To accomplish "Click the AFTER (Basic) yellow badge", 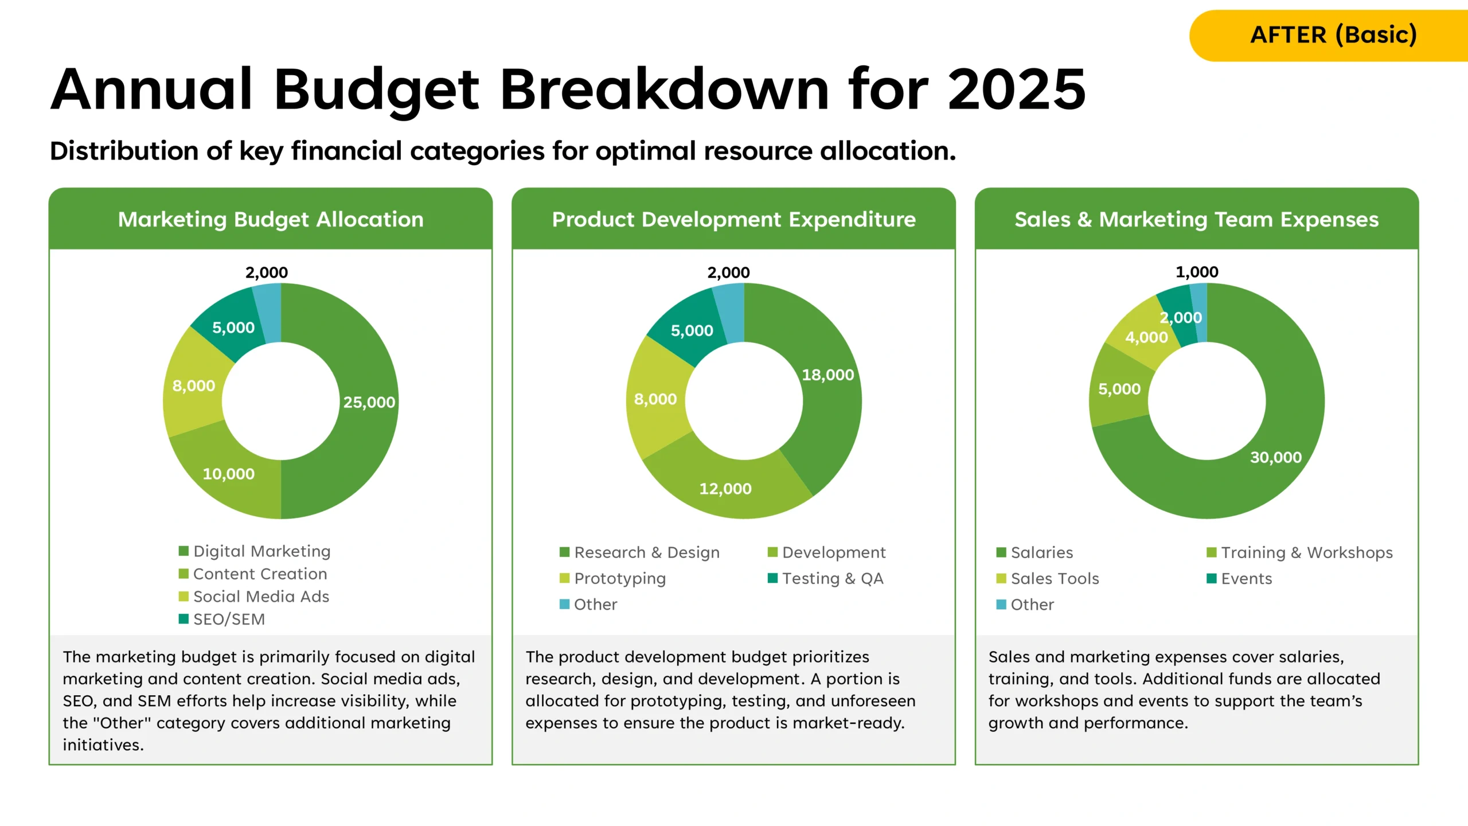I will pyautogui.click(x=1333, y=35).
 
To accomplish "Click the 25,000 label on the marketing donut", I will pyautogui.click(x=369, y=402).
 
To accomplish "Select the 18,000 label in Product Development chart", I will pyautogui.click(x=827, y=375).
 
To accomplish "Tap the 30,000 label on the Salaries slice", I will pyautogui.click(x=1275, y=457).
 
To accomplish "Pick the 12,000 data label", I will pyautogui.click(x=725, y=489).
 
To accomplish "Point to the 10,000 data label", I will pyautogui.click(x=228, y=474).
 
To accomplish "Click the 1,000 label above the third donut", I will pyautogui.click(x=1197, y=272).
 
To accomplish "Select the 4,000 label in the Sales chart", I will pyautogui.click(x=1146, y=337).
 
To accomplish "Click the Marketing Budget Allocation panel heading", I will pyautogui.click(x=271, y=219).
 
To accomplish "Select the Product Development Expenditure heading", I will pyautogui.click(x=733, y=219).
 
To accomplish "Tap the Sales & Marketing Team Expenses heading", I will pyautogui.click(x=1196, y=219).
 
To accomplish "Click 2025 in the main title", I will pyautogui.click(x=1016, y=89).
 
